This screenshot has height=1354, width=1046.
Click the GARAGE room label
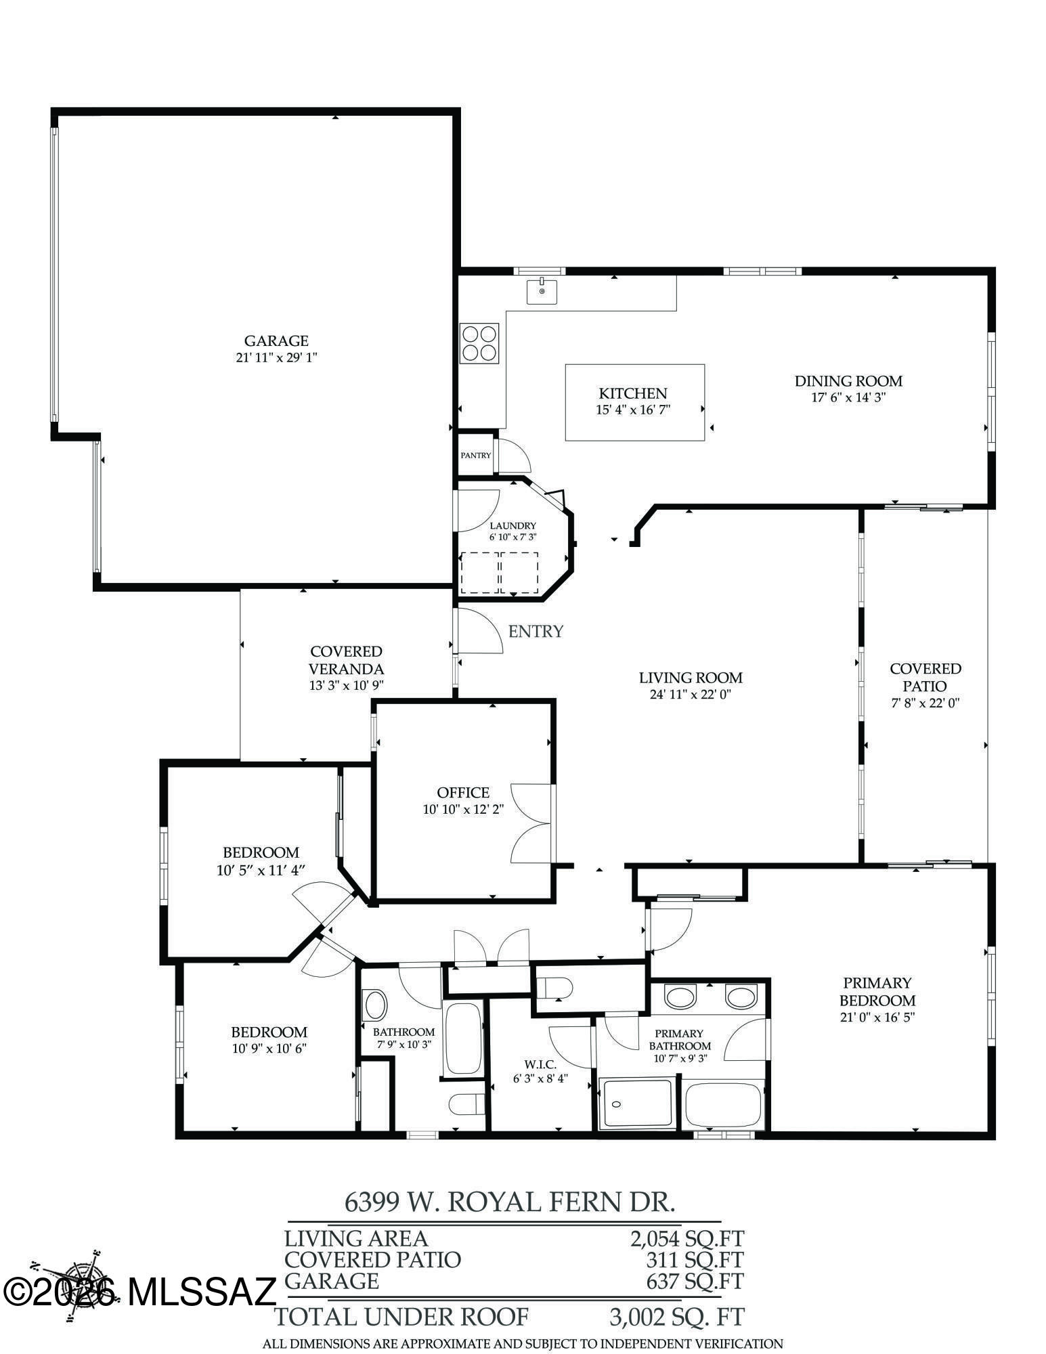[276, 341]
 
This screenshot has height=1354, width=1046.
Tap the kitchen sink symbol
[542, 290]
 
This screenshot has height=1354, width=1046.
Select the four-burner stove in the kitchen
[479, 342]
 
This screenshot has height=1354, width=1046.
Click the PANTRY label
[475, 456]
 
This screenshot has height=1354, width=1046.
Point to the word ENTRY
[536, 631]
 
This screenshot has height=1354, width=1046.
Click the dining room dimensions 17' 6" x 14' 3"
[848, 397]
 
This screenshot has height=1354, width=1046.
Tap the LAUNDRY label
[513, 525]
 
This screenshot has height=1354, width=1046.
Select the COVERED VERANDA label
[346, 659]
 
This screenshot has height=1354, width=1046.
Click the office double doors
[532, 823]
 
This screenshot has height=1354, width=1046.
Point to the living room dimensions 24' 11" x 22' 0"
[690, 694]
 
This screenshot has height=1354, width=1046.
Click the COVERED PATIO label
[925, 677]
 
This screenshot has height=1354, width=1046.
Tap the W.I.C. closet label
[540, 1064]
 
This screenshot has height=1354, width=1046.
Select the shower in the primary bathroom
[636, 1104]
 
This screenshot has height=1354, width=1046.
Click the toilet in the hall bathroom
[467, 1104]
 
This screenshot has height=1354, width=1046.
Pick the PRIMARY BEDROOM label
[877, 991]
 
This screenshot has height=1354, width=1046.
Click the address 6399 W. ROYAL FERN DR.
[510, 1202]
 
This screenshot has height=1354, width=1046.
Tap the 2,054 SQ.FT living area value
[687, 1238]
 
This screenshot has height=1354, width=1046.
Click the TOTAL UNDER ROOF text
[401, 1316]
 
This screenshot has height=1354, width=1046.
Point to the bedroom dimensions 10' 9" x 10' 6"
[269, 1049]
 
